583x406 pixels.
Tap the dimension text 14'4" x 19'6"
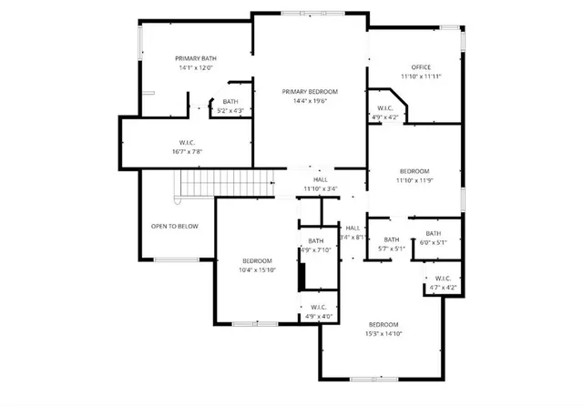point(310,101)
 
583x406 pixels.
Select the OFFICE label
point(420,67)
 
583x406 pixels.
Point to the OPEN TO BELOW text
point(175,226)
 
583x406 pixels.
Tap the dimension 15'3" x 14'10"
point(384,334)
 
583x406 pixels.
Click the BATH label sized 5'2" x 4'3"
point(230,110)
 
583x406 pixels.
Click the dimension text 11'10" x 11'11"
point(420,76)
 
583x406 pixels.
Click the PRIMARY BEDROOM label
point(310,91)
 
